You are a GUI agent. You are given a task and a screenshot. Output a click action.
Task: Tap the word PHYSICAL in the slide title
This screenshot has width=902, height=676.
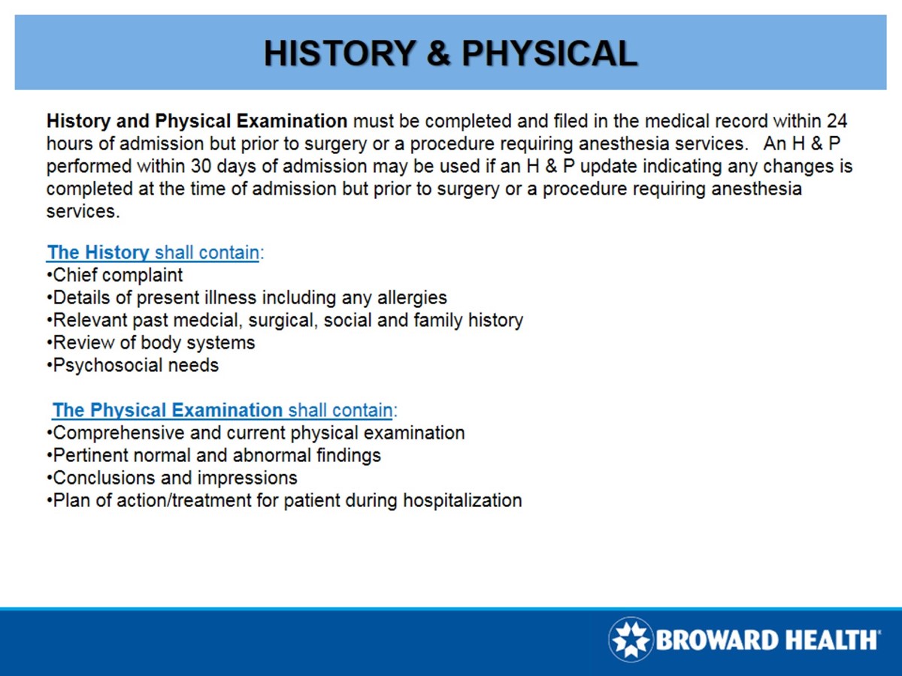tap(549, 53)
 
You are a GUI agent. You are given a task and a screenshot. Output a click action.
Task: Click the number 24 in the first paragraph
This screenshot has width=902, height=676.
tap(837, 121)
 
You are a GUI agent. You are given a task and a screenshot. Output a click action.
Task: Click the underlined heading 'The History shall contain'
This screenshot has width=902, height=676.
tap(154, 252)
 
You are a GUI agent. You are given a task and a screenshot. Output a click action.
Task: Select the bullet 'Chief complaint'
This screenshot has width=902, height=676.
tap(117, 275)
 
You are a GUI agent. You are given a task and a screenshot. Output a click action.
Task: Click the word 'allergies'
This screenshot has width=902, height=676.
tap(410, 297)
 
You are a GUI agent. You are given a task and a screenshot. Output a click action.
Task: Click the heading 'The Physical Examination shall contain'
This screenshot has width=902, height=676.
tap(223, 410)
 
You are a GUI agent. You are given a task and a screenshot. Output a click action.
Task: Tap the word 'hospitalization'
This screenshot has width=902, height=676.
tap(462, 500)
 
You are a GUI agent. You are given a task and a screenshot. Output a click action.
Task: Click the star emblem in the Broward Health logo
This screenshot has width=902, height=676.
tap(631, 640)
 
